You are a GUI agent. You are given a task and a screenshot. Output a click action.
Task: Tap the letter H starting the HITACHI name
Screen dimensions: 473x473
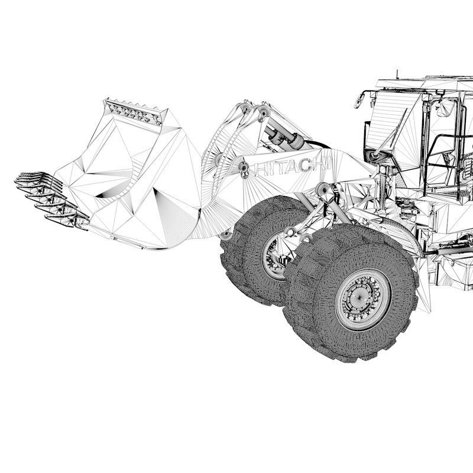click(260, 170)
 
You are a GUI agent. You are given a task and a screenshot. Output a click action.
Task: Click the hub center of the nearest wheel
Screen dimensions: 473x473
click(362, 297)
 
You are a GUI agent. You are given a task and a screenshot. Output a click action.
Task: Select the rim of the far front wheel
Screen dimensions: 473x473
click(273, 256)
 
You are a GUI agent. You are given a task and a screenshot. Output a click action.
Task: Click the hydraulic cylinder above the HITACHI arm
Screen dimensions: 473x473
click(286, 137)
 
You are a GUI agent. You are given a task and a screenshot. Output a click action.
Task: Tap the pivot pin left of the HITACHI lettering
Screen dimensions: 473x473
click(244, 170)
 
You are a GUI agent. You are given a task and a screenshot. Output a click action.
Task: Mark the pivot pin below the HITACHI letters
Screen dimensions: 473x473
click(323, 189)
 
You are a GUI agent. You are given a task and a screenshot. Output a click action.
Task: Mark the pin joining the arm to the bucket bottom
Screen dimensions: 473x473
click(225, 235)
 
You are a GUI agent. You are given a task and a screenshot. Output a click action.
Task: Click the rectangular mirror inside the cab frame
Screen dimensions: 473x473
click(445, 108)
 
